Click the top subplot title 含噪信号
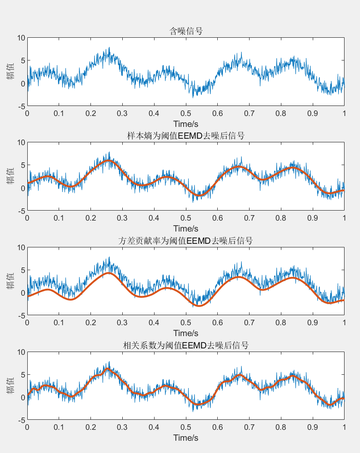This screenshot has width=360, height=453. (185, 31)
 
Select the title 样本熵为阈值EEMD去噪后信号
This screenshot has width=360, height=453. (185, 136)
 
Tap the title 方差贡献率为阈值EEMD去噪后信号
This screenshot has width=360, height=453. (185, 241)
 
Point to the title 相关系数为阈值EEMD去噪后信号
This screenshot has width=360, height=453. (185, 345)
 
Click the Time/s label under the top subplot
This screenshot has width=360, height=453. (185, 124)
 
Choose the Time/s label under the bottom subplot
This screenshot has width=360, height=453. (185, 438)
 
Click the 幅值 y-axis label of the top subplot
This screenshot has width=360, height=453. (10, 71)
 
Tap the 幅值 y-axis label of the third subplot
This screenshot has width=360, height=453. (10, 281)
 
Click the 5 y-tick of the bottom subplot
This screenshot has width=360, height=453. (21, 375)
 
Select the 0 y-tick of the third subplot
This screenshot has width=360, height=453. (21, 293)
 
